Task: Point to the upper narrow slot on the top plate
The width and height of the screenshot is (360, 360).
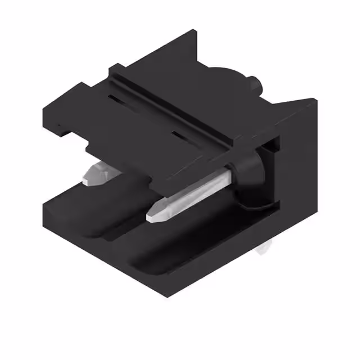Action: tap(118, 100)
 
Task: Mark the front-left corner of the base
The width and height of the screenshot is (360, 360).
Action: tap(45, 211)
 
